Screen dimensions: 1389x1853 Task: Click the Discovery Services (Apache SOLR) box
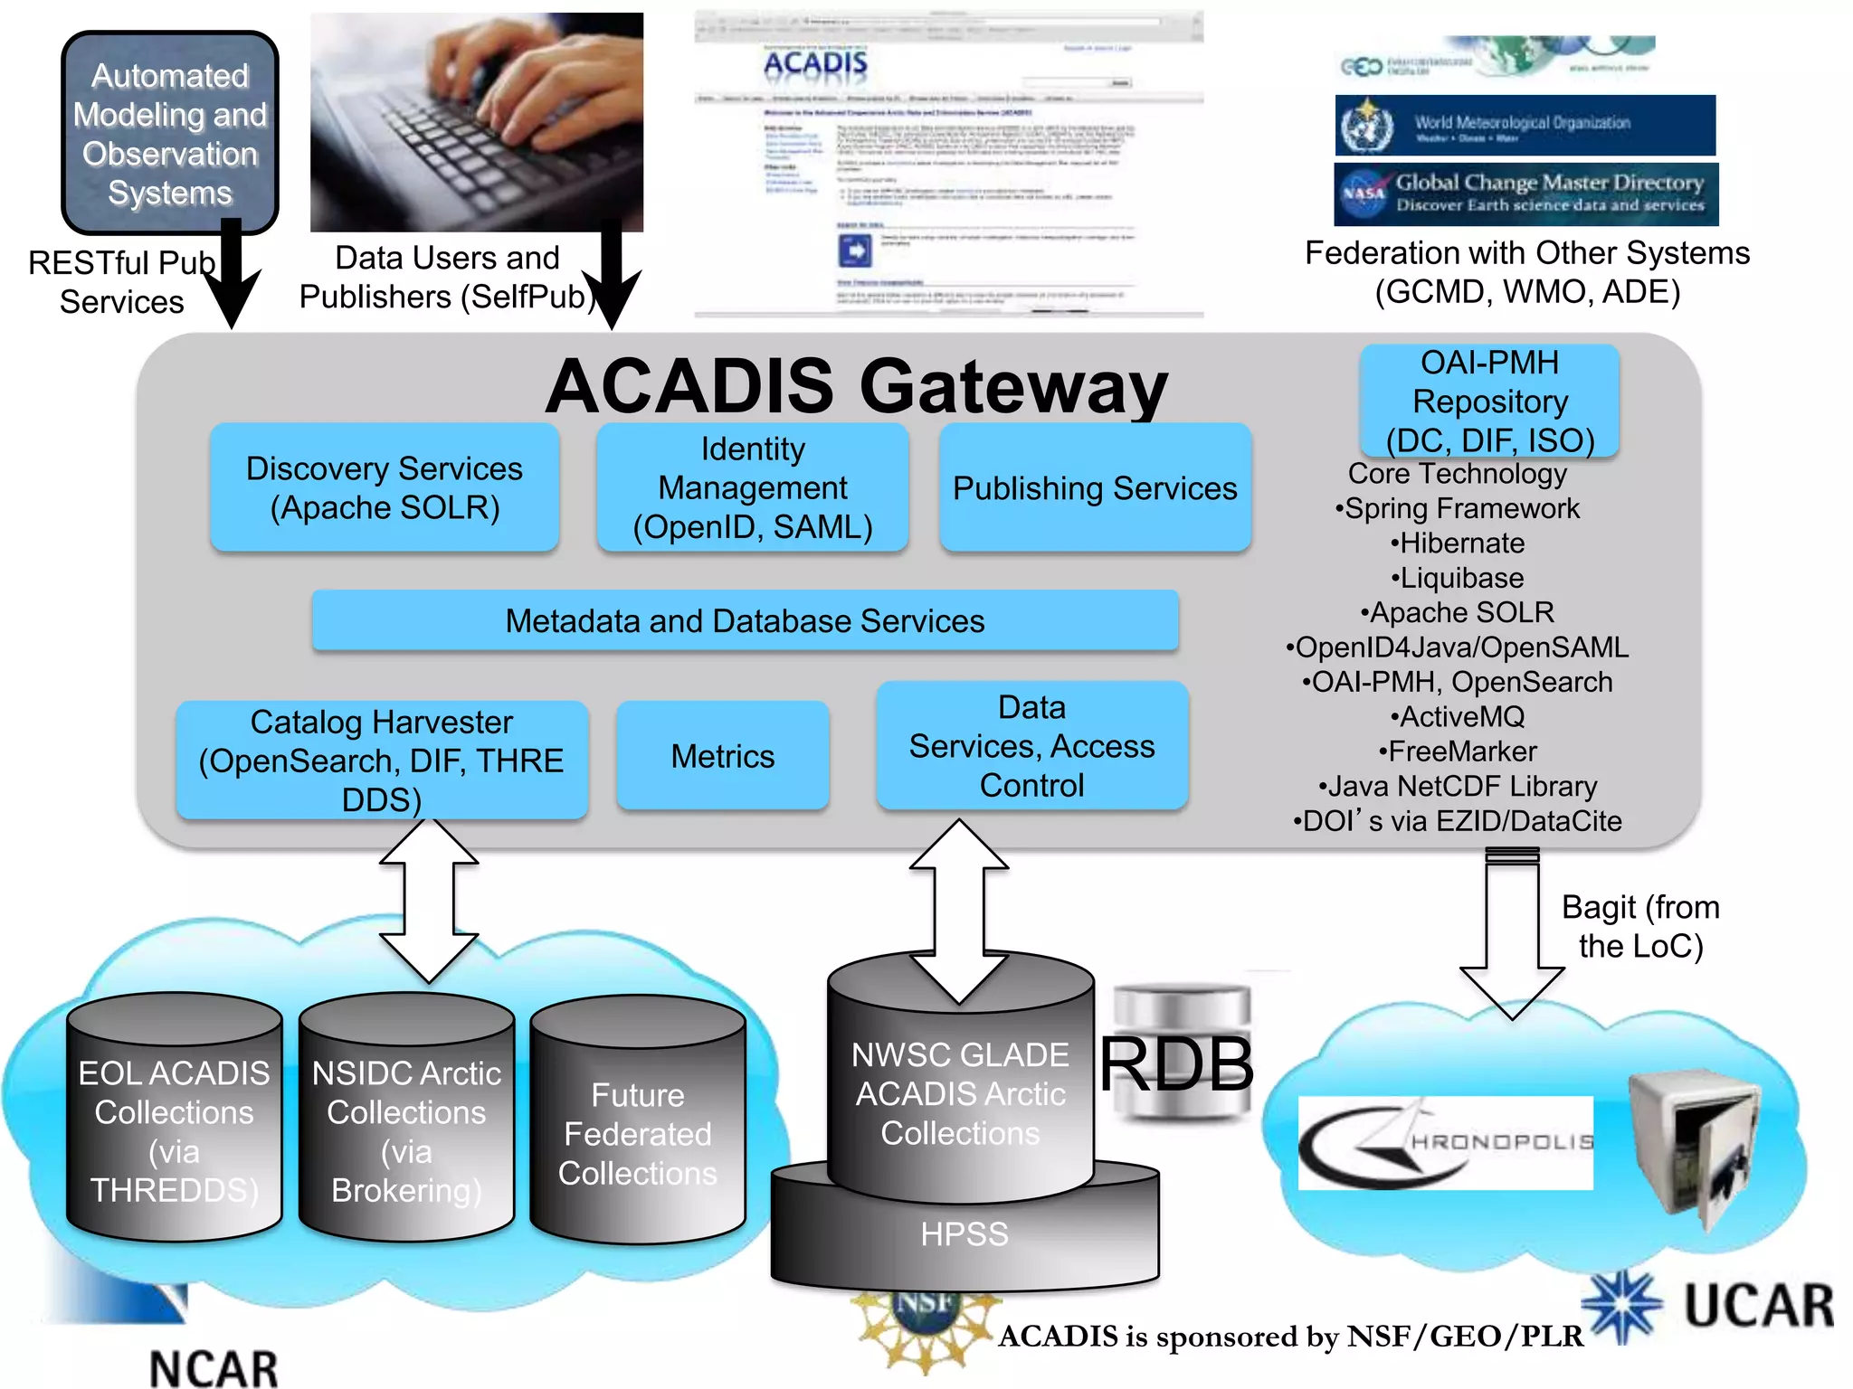[385, 487]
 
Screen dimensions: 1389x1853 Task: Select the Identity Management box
[752, 487]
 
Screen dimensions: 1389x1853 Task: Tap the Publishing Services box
[1095, 488]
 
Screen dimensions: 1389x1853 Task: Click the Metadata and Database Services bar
[745, 621]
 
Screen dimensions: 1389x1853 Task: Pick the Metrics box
[723, 756]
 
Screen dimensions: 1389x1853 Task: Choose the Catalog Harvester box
[382, 761]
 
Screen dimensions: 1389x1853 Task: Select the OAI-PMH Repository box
[1489, 401]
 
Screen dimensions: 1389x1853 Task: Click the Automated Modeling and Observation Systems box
[170, 134]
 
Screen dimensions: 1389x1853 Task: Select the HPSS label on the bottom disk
[965, 1234]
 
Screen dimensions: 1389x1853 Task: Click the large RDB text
[1176, 1065]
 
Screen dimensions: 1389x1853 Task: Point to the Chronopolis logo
[1445, 1142]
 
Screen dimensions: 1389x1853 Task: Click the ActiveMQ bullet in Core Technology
[1458, 717]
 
